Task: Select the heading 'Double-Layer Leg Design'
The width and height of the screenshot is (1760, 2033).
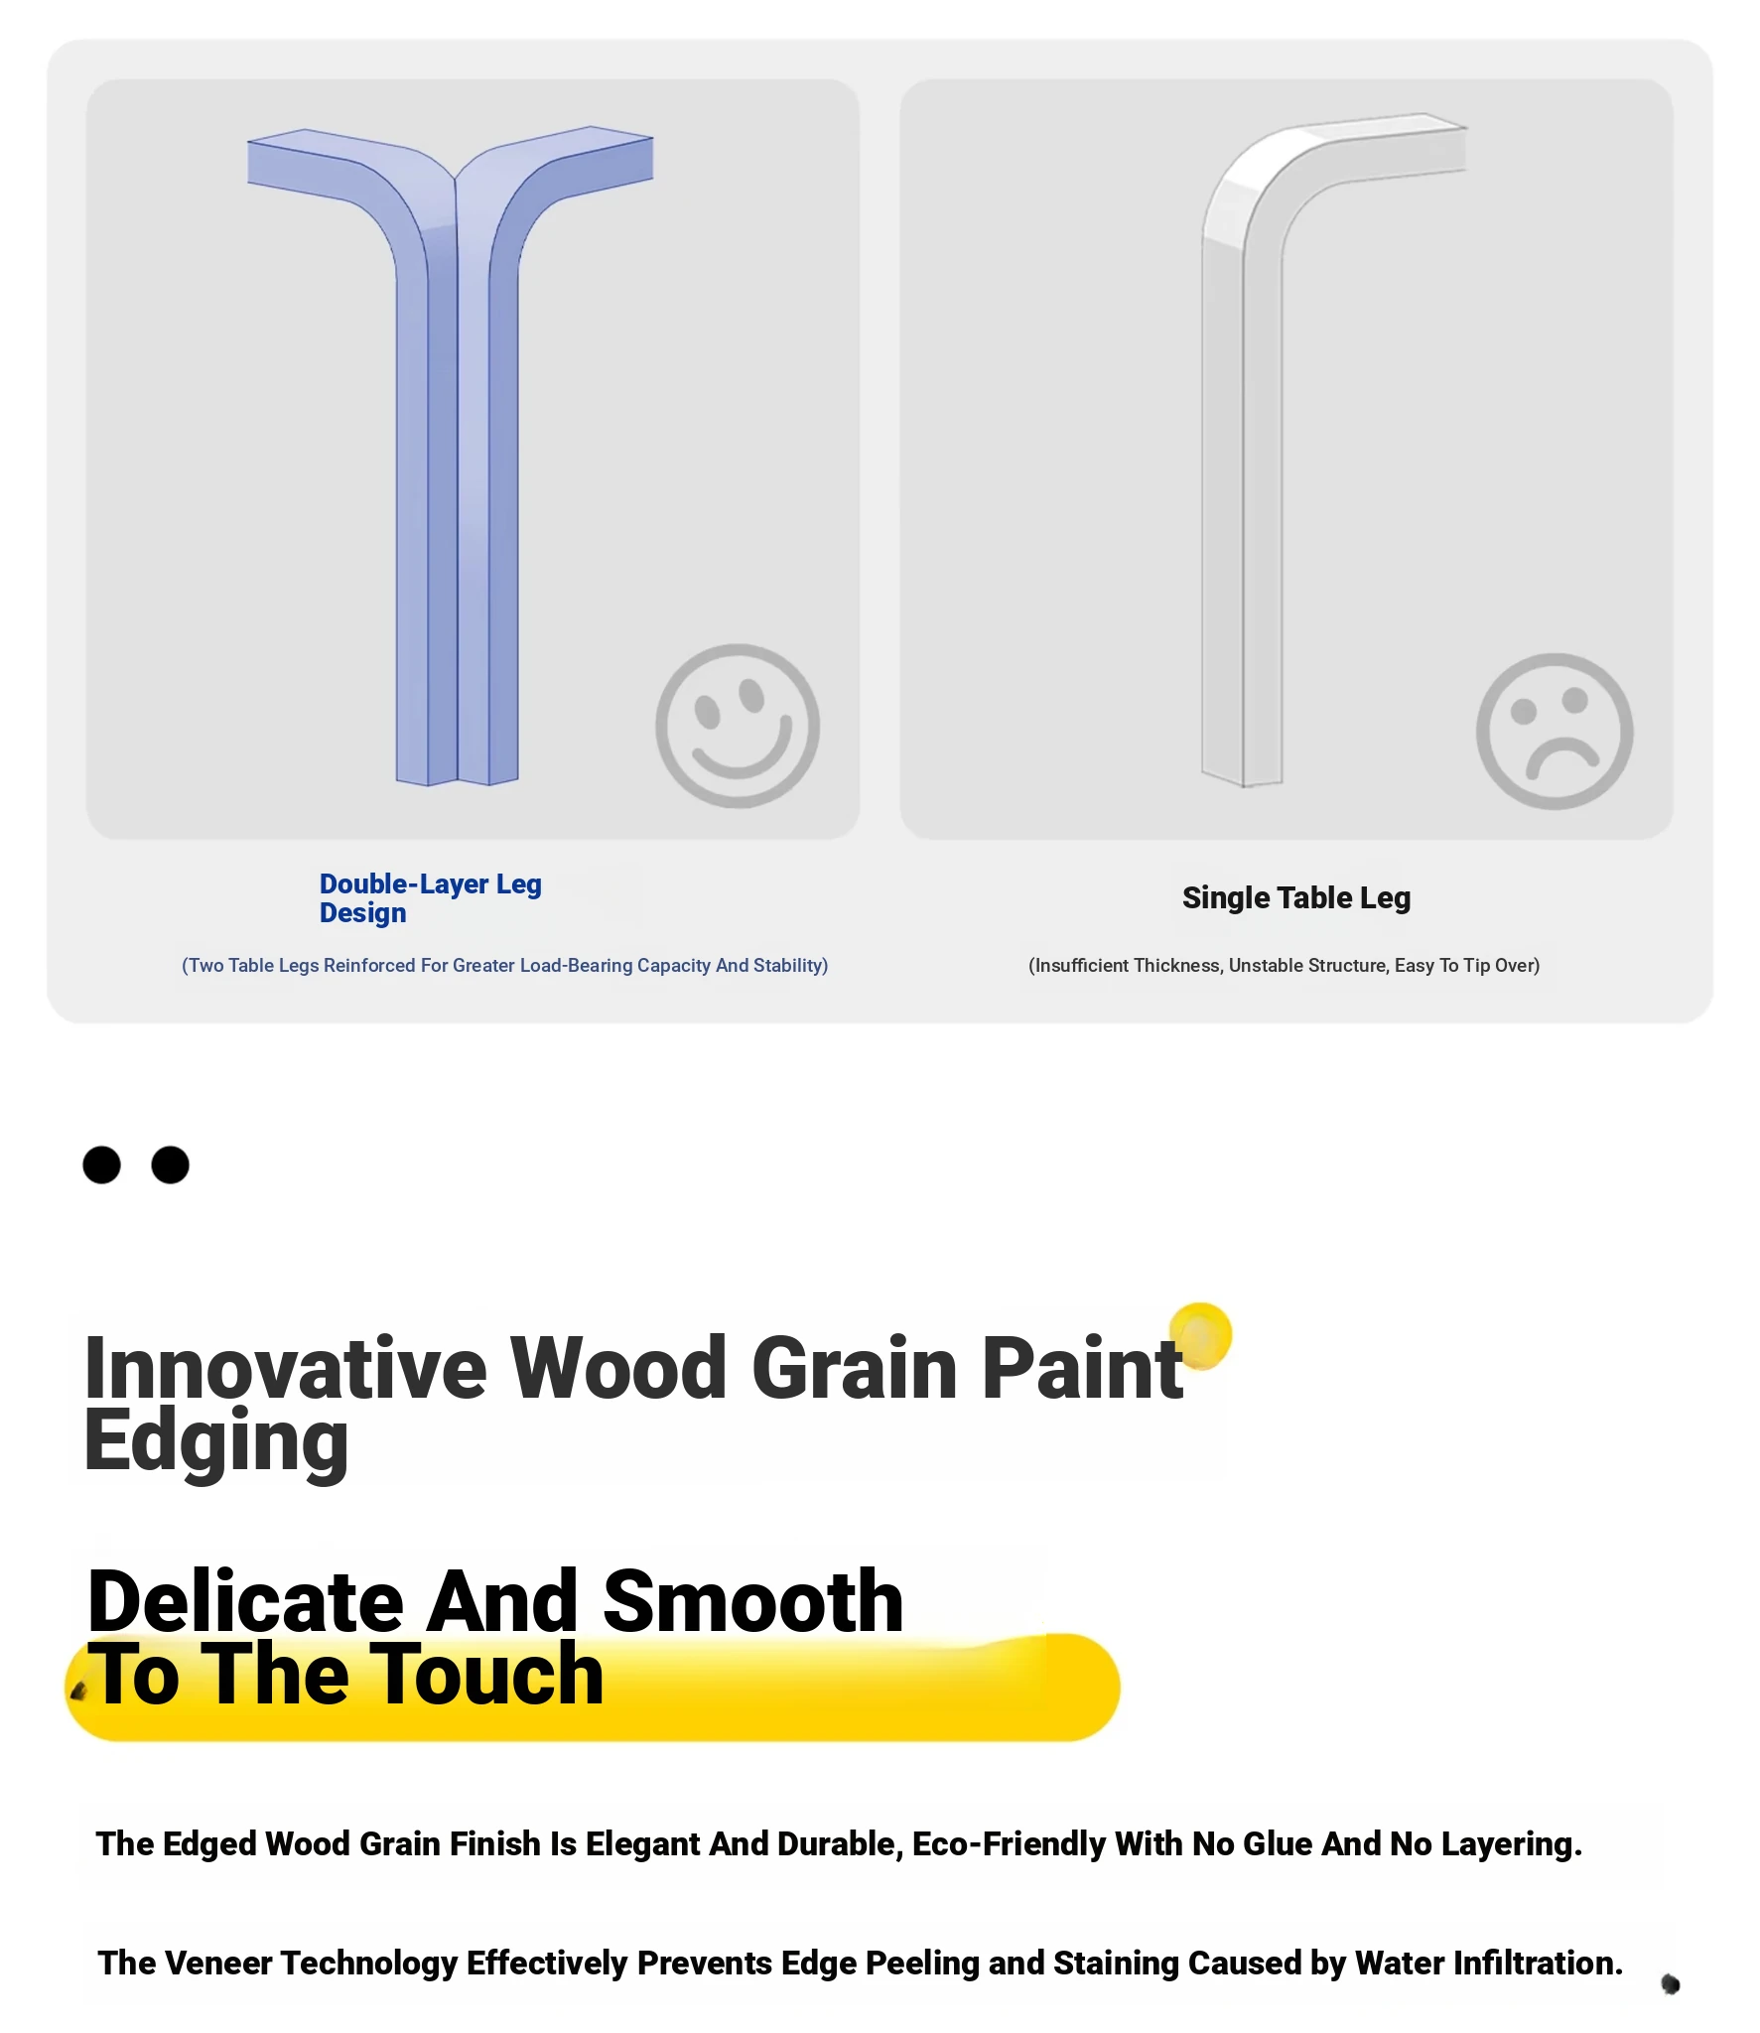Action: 430,897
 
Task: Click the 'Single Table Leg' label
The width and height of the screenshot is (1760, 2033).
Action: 1295,897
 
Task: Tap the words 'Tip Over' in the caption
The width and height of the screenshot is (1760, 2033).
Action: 1499,965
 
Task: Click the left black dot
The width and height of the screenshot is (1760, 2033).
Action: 101,1164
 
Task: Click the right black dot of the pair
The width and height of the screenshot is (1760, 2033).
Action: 170,1164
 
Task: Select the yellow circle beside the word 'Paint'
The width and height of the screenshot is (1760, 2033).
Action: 1200,1335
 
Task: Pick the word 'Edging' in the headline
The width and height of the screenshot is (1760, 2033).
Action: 216,1441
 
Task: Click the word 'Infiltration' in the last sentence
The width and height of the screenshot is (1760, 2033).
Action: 1538,1963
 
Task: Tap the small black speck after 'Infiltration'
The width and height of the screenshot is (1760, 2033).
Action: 1671,1983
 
